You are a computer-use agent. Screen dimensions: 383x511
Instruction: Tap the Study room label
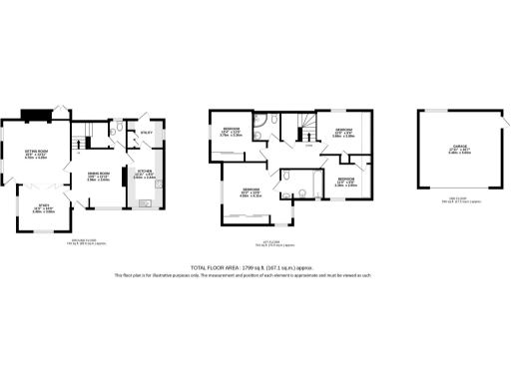pyautogui.click(x=42, y=208)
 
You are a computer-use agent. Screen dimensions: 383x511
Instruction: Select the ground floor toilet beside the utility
pyautogui.click(x=118, y=129)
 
